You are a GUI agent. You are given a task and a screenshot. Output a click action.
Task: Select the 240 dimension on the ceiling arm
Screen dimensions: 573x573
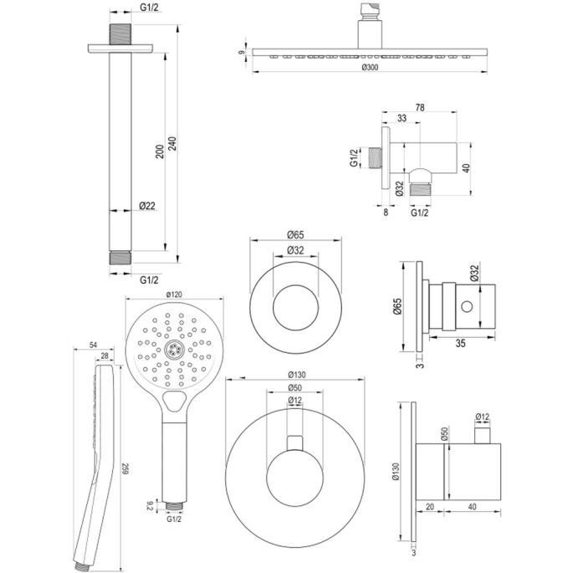[x=173, y=143]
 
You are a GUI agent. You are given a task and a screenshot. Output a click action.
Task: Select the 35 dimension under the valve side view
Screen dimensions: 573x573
[x=459, y=341]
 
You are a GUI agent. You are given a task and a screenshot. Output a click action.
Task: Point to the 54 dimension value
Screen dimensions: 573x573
[x=93, y=344]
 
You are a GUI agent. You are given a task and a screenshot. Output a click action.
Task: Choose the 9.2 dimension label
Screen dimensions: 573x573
[x=151, y=504]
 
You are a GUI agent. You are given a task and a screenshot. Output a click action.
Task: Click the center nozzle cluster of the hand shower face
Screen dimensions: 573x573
[x=174, y=351]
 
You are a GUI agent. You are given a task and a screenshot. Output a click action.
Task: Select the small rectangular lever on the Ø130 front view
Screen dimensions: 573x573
[x=293, y=444]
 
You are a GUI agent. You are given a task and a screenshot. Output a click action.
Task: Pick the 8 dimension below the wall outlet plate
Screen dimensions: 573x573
[x=385, y=213]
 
